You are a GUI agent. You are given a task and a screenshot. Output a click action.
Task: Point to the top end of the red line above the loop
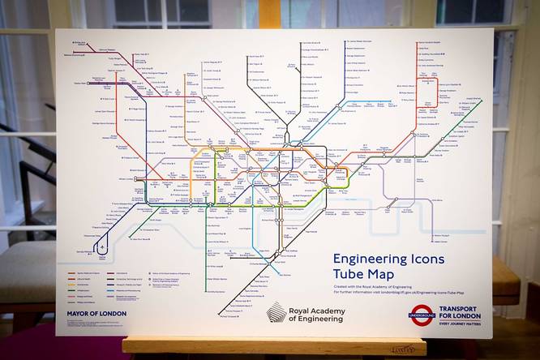(x=426, y=42)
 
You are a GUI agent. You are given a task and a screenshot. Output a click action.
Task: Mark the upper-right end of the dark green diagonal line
(x=481, y=100)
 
